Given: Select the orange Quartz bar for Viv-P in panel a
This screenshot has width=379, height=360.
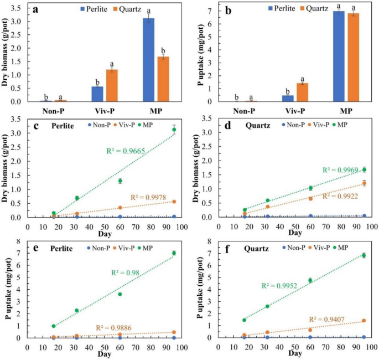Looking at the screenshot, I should pyautogui.click(x=112, y=85).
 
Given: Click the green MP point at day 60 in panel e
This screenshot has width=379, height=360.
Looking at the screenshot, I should pyautogui.click(x=120, y=294).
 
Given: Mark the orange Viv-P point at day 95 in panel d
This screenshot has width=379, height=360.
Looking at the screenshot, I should pyautogui.click(x=364, y=183).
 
